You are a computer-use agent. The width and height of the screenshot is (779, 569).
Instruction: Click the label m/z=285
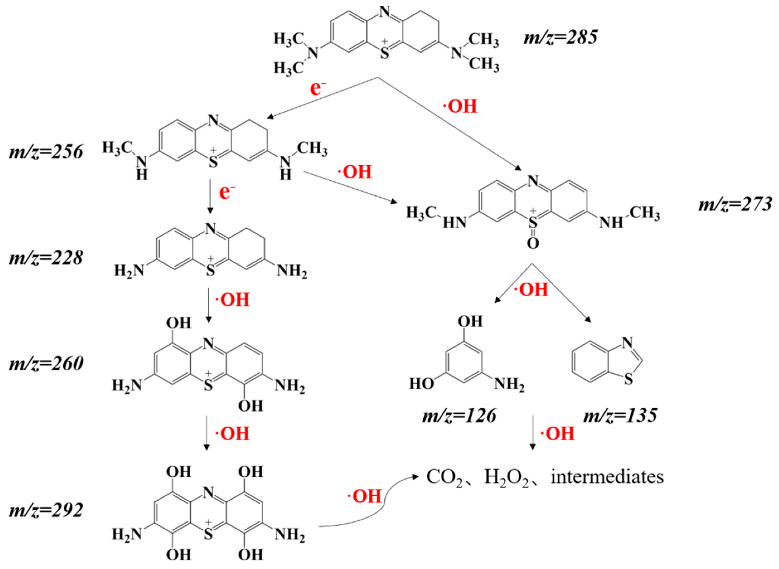pyautogui.click(x=560, y=38)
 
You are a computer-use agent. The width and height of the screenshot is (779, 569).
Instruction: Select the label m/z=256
pyautogui.click(x=46, y=152)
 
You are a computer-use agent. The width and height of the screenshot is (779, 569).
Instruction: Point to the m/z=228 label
pyautogui.click(x=46, y=258)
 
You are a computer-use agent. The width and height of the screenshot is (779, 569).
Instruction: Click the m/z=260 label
pyautogui.click(x=46, y=364)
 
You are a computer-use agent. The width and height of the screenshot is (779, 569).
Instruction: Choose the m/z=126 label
pyautogui.click(x=459, y=416)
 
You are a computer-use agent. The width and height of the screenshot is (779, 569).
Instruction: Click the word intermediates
pyautogui.click(x=607, y=477)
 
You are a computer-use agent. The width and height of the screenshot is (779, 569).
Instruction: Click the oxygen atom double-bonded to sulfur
pyautogui.click(x=533, y=244)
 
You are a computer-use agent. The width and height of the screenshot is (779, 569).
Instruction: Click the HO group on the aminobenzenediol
pyautogui.click(x=421, y=383)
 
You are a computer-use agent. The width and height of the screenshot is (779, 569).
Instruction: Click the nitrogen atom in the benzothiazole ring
pyautogui.click(x=628, y=342)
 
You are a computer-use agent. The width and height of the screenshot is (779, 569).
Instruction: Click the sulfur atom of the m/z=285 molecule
pyautogui.click(x=385, y=54)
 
